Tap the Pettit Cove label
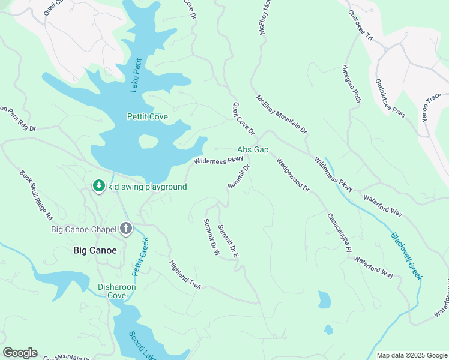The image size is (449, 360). pos(147,116)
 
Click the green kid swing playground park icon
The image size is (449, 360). pos(98,187)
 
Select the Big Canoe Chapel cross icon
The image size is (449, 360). pos(126,229)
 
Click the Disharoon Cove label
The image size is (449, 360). pos(117,291)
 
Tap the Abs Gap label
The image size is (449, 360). pos(253,149)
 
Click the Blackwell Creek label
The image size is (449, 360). pos(406,256)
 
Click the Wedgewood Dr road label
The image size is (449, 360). pos(292,175)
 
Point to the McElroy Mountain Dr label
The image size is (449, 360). pos(282,114)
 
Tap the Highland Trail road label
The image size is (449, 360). pos(184,275)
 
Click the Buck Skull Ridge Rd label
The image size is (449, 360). pos(37,194)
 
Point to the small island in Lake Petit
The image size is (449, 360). pos(148,142)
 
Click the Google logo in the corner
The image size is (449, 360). pos(20,353)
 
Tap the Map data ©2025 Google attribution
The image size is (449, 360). pos(411,355)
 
